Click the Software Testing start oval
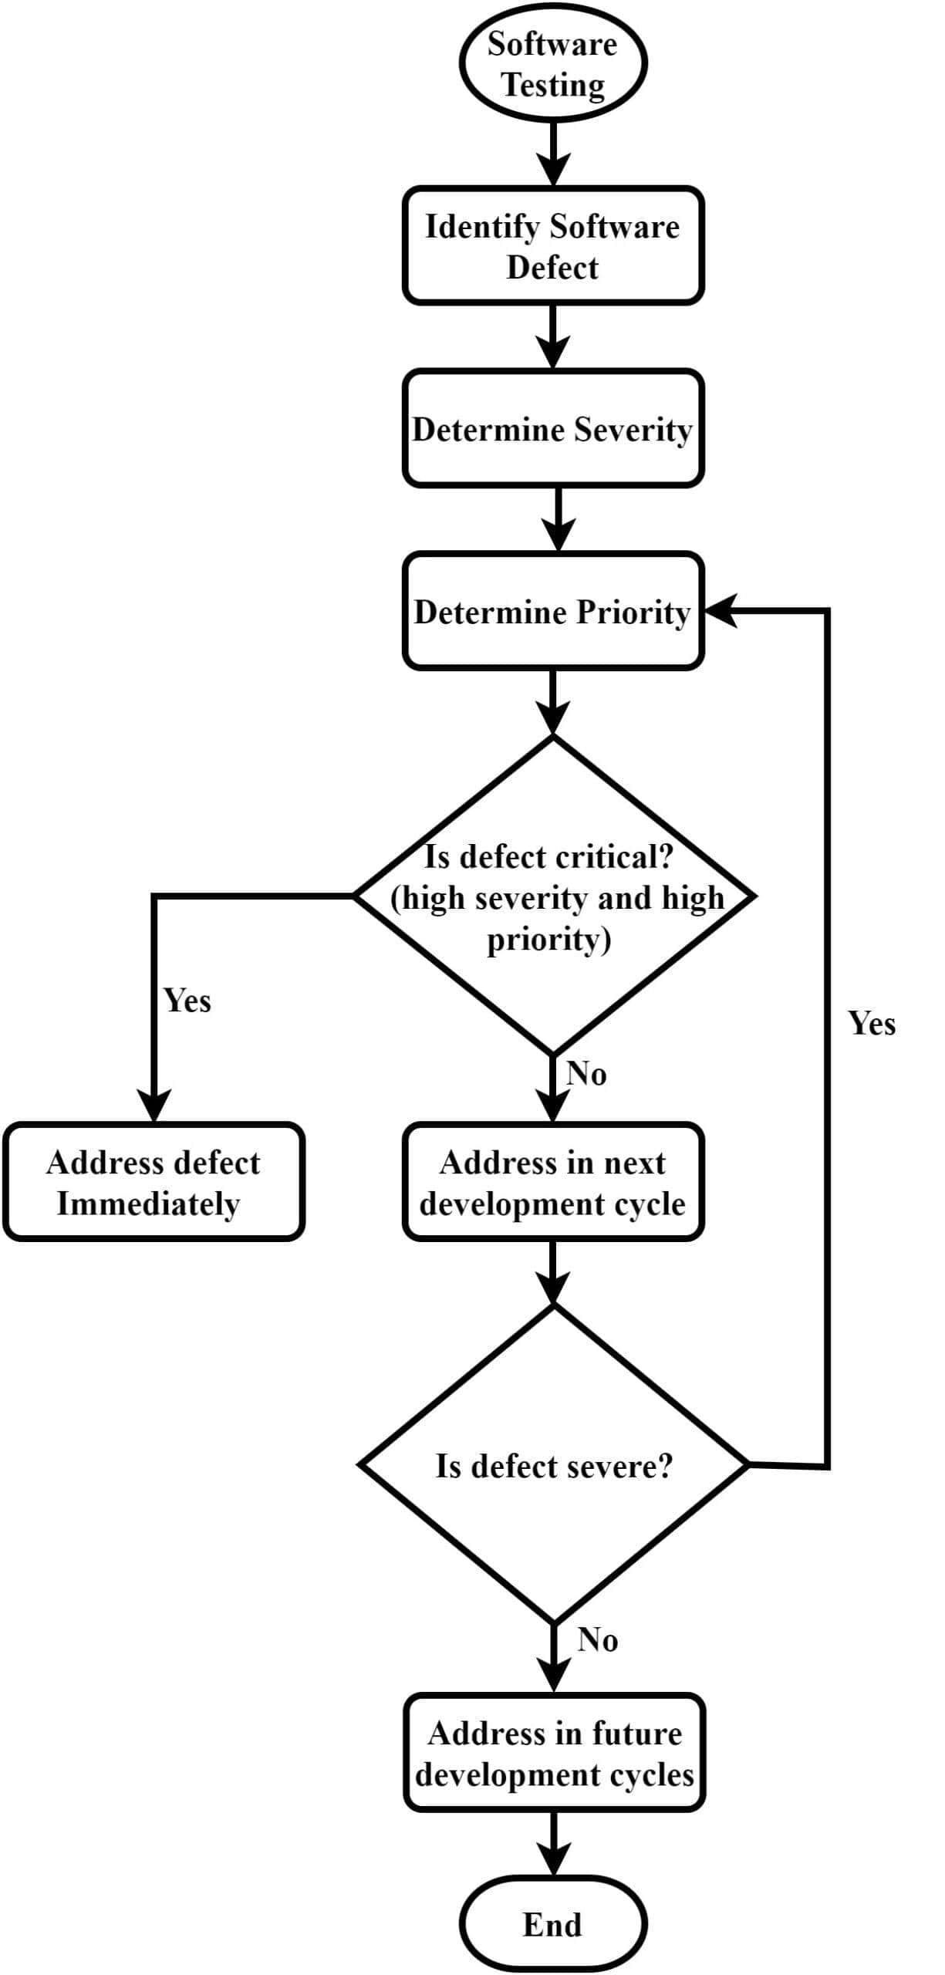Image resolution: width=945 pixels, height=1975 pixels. (x=552, y=63)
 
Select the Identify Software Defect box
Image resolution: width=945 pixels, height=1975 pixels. (x=552, y=246)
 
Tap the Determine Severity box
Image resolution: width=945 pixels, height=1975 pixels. (x=552, y=429)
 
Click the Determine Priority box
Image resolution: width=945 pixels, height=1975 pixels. (x=552, y=611)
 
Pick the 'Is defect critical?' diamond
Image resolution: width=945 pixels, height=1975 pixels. (x=554, y=896)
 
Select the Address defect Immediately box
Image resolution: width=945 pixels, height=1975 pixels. (x=154, y=1181)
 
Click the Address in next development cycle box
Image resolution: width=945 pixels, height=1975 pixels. (x=552, y=1181)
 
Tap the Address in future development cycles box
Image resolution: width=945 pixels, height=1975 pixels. (x=554, y=1752)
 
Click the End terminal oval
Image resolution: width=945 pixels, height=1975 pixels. (x=552, y=1924)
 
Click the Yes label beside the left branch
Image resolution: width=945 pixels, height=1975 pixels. (x=187, y=1001)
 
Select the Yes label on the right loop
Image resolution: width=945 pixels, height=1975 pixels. (x=872, y=1024)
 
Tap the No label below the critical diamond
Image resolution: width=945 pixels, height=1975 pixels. (x=586, y=1073)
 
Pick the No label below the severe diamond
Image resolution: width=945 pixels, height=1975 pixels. (x=597, y=1640)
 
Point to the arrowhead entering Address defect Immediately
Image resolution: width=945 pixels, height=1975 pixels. (x=154, y=1106)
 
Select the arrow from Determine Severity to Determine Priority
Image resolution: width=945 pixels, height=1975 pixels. (x=558, y=518)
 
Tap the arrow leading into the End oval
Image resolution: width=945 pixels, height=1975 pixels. (x=553, y=1843)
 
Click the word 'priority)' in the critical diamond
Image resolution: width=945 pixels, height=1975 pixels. (x=548, y=940)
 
